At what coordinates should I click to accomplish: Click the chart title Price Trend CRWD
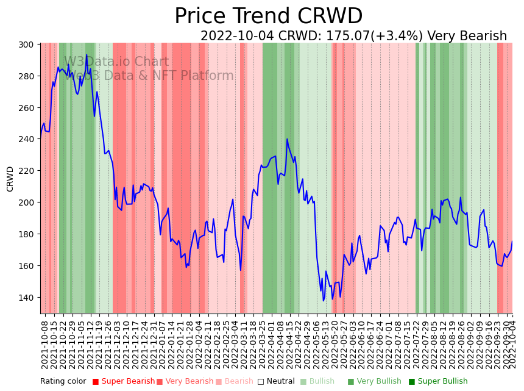click(x=268, y=16)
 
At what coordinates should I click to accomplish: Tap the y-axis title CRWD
click(x=10, y=179)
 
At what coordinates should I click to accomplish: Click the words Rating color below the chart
click(x=63, y=381)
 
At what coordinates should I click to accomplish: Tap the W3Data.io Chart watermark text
click(x=116, y=62)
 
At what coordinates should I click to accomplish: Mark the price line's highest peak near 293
click(x=87, y=56)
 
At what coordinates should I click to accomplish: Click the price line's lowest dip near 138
click(x=324, y=300)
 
